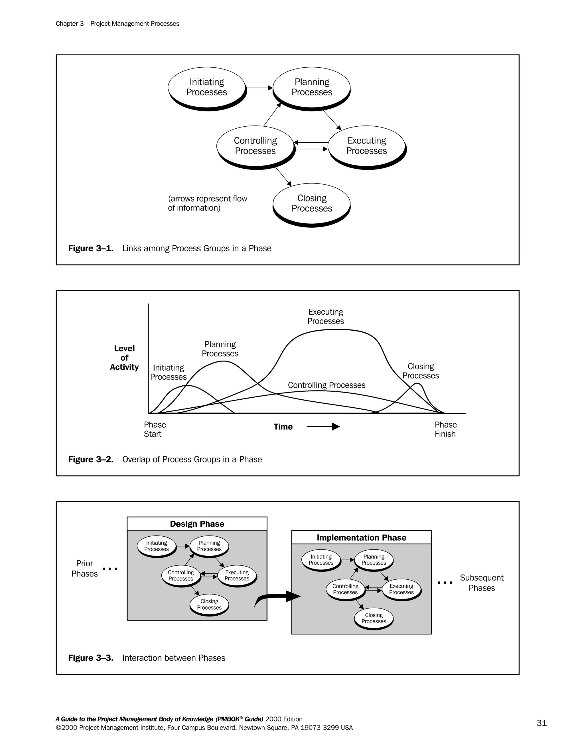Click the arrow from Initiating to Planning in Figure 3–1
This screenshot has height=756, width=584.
coord(259,88)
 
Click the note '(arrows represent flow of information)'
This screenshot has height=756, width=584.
coord(207,203)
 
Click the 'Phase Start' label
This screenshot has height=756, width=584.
coord(155,429)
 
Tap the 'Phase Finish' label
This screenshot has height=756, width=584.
coord(446,429)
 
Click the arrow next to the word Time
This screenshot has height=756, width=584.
coord(323,426)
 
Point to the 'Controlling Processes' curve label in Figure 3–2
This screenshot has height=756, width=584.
coord(326,385)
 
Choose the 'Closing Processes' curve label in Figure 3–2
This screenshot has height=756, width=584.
coord(420,371)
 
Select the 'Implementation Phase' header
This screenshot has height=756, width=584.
coord(361,537)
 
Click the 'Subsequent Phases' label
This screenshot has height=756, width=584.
coord(481,583)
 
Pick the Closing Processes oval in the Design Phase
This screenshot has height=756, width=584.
coord(209,605)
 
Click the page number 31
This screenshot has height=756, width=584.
coord(542,723)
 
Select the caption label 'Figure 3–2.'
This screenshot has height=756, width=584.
coord(91,459)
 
